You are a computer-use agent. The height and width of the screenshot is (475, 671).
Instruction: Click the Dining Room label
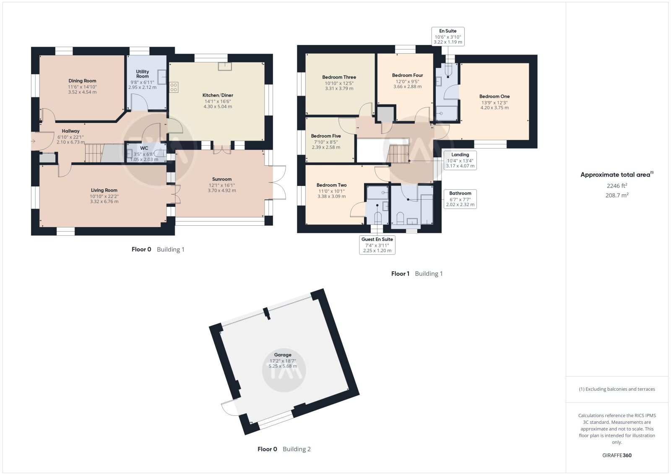[x=82, y=81]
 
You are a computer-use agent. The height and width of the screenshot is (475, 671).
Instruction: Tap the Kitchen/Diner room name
[x=218, y=95]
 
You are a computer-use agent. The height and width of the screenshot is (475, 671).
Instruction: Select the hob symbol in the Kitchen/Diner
[x=174, y=87]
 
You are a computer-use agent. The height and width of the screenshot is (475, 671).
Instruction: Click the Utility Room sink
[x=162, y=77]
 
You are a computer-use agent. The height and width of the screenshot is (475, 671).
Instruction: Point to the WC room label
[x=144, y=148]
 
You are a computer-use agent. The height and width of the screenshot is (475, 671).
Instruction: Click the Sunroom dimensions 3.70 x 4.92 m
[x=222, y=191]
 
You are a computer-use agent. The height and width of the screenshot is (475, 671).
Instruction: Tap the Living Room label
[x=104, y=190]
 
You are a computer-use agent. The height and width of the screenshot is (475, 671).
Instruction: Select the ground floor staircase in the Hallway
[x=94, y=153]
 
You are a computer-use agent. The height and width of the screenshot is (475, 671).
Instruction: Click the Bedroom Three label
[x=339, y=77]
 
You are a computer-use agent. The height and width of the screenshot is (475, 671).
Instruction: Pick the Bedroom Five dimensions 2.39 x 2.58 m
[x=326, y=147]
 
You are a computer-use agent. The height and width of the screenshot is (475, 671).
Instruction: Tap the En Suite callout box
[x=448, y=37]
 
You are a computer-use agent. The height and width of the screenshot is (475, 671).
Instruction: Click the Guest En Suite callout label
[x=377, y=239]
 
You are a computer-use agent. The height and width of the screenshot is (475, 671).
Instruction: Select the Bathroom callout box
[x=460, y=199]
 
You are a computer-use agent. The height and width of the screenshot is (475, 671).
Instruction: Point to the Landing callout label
[x=460, y=155]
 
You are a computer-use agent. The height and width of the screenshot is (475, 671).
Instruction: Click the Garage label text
[x=283, y=355]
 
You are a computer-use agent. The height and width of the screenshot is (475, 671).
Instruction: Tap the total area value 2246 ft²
[x=617, y=186]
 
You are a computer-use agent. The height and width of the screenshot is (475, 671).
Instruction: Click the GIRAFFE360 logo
[x=617, y=455]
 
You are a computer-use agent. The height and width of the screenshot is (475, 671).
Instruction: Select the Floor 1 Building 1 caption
[x=417, y=274]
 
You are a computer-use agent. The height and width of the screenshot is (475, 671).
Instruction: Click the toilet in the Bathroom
[x=400, y=218]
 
